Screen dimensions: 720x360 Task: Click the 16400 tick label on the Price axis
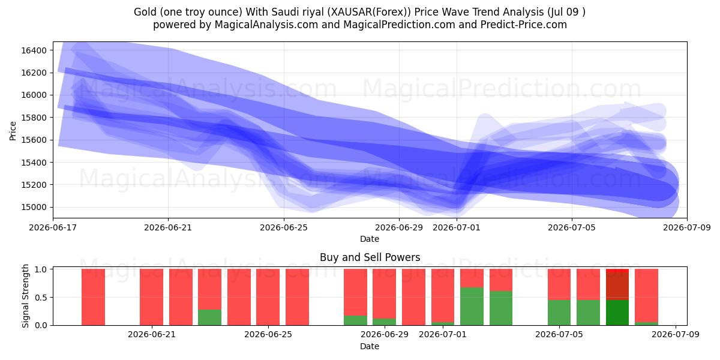34,50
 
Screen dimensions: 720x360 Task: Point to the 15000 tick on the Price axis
34,208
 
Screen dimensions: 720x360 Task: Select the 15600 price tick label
34,140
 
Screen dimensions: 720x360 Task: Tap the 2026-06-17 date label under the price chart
53,227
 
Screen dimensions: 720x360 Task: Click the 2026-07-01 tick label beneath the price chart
457,227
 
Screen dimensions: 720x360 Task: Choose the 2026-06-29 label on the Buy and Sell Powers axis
385,334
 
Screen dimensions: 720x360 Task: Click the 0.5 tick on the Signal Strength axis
41,298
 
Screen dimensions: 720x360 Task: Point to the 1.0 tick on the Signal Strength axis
41,269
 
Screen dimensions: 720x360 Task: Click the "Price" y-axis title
13,131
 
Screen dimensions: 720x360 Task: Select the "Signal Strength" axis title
25,296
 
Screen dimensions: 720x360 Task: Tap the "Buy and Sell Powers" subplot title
370,257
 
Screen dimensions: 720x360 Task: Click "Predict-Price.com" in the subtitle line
524,25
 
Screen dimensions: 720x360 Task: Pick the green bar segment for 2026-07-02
472,307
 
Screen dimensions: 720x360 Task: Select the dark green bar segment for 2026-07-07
617,313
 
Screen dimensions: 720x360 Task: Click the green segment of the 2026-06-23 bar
209,317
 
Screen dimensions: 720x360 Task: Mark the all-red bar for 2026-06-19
93,297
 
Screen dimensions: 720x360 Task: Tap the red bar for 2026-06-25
268,297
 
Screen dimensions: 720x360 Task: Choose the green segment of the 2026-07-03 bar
501,308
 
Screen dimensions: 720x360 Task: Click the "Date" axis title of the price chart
370,239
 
